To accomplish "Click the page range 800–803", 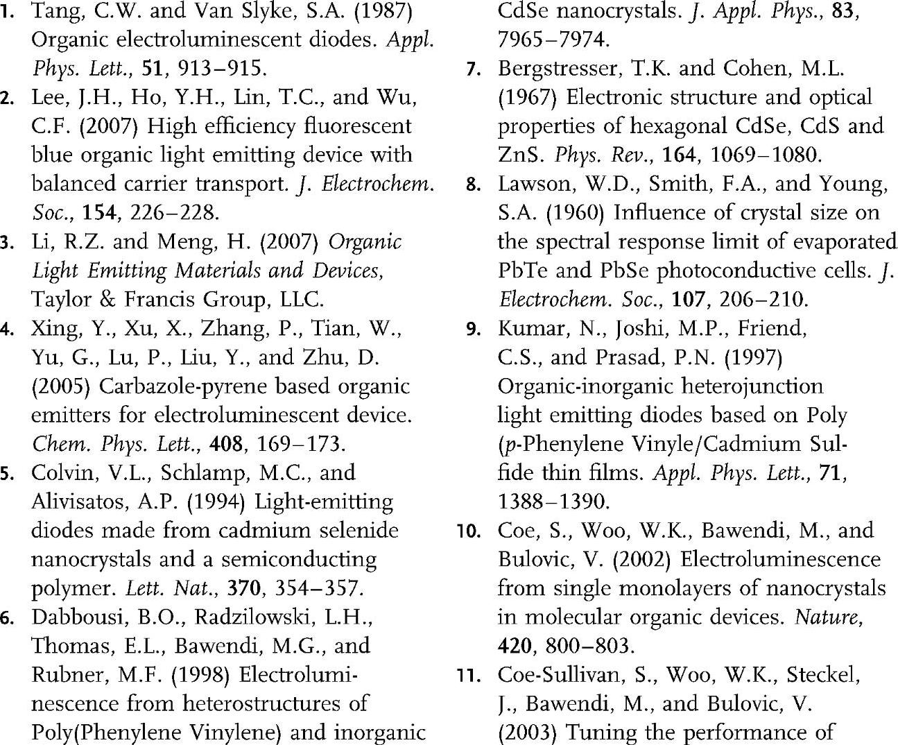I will click(589, 646).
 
